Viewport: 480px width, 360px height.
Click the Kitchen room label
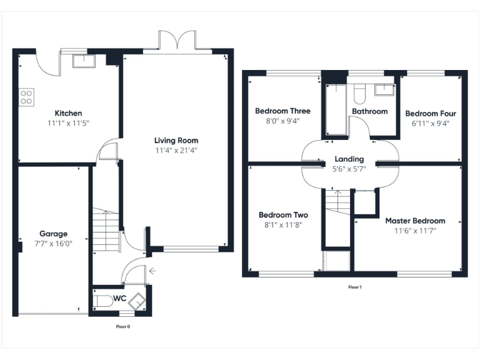pos(68,113)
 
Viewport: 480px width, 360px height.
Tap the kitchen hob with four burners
pos(27,96)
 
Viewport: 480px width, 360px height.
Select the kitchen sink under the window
pos(82,61)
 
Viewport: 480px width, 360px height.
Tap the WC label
pos(121,299)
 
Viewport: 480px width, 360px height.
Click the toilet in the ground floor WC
pos(102,301)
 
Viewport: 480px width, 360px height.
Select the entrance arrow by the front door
pos(154,271)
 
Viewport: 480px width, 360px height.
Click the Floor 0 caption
pos(123,326)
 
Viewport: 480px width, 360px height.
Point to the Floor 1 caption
pos(355,287)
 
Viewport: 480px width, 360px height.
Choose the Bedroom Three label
pos(282,111)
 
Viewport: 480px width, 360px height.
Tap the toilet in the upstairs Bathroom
pos(359,94)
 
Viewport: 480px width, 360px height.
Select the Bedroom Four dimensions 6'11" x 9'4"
pos(431,123)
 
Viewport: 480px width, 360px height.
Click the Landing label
pos(349,159)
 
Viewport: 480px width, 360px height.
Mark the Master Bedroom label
pos(415,221)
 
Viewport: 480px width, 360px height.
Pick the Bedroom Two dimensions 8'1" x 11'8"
pos(283,225)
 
